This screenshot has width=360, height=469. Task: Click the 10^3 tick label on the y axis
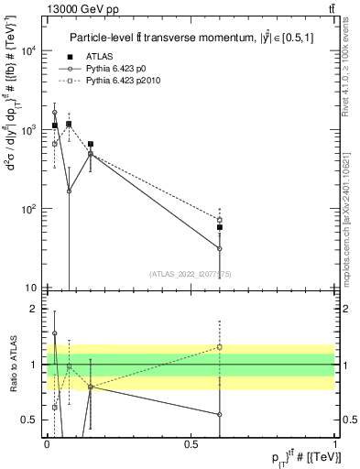(30, 130)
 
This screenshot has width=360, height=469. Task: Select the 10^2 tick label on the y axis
(30, 209)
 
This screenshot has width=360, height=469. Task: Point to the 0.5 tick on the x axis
(191, 443)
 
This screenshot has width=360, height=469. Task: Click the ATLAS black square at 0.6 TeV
(220, 227)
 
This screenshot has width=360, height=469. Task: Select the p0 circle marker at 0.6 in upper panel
(220, 248)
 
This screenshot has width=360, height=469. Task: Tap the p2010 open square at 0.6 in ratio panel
(220, 347)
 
